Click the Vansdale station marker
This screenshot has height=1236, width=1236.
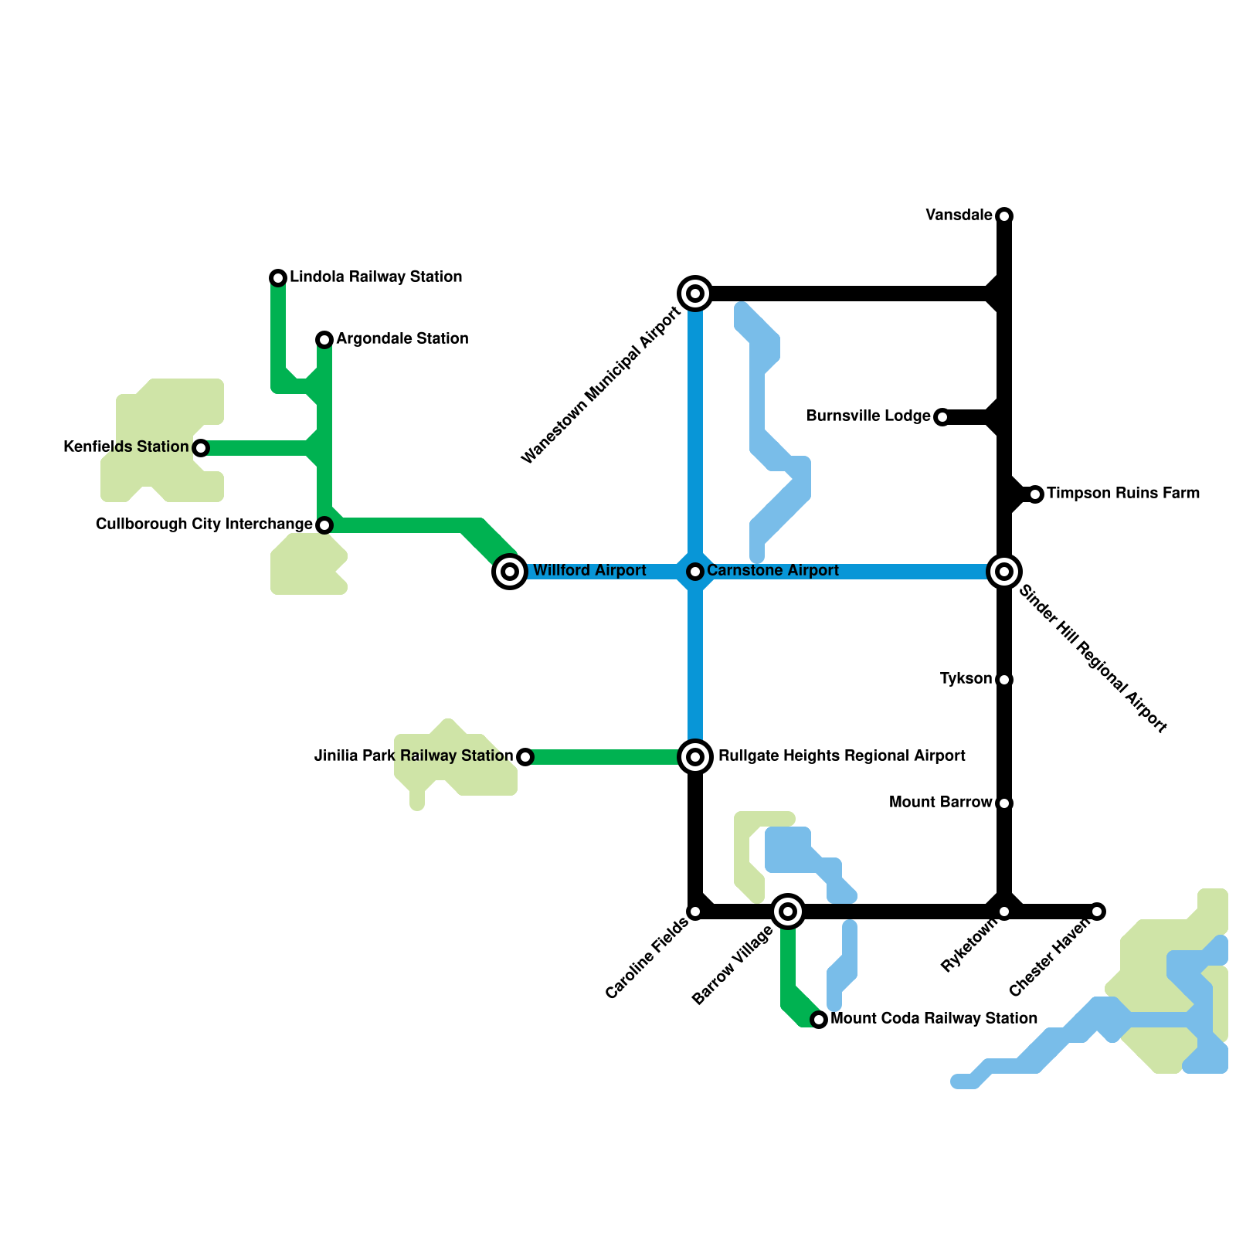(1004, 216)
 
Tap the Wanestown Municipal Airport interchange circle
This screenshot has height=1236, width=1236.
(695, 294)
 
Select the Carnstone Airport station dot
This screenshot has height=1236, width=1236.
(695, 572)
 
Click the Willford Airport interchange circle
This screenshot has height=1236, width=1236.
(510, 572)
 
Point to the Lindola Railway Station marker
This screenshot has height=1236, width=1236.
(278, 277)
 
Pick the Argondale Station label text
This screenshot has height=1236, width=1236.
(402, 339)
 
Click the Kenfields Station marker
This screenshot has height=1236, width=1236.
(201, 448)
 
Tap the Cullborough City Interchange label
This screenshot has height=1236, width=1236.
(204, 525)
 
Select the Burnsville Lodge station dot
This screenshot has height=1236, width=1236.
(942, 417)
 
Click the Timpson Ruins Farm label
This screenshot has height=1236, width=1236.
(1123, 494)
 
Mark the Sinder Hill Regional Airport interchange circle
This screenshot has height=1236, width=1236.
(1004, 572)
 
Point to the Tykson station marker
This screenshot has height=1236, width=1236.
(1004, 680)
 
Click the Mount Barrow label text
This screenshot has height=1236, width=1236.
(940, 803)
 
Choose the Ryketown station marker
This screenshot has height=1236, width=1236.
(1004, 912)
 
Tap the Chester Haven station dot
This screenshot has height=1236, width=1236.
(1098, 912)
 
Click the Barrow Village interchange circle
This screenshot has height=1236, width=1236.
(788, 912)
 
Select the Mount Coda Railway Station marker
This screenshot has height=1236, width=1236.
(819, 1020)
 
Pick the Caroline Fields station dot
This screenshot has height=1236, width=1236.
(695, 912)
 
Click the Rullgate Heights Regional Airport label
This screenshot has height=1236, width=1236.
(841, 756)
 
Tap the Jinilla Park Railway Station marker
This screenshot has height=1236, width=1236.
(525, 757)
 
